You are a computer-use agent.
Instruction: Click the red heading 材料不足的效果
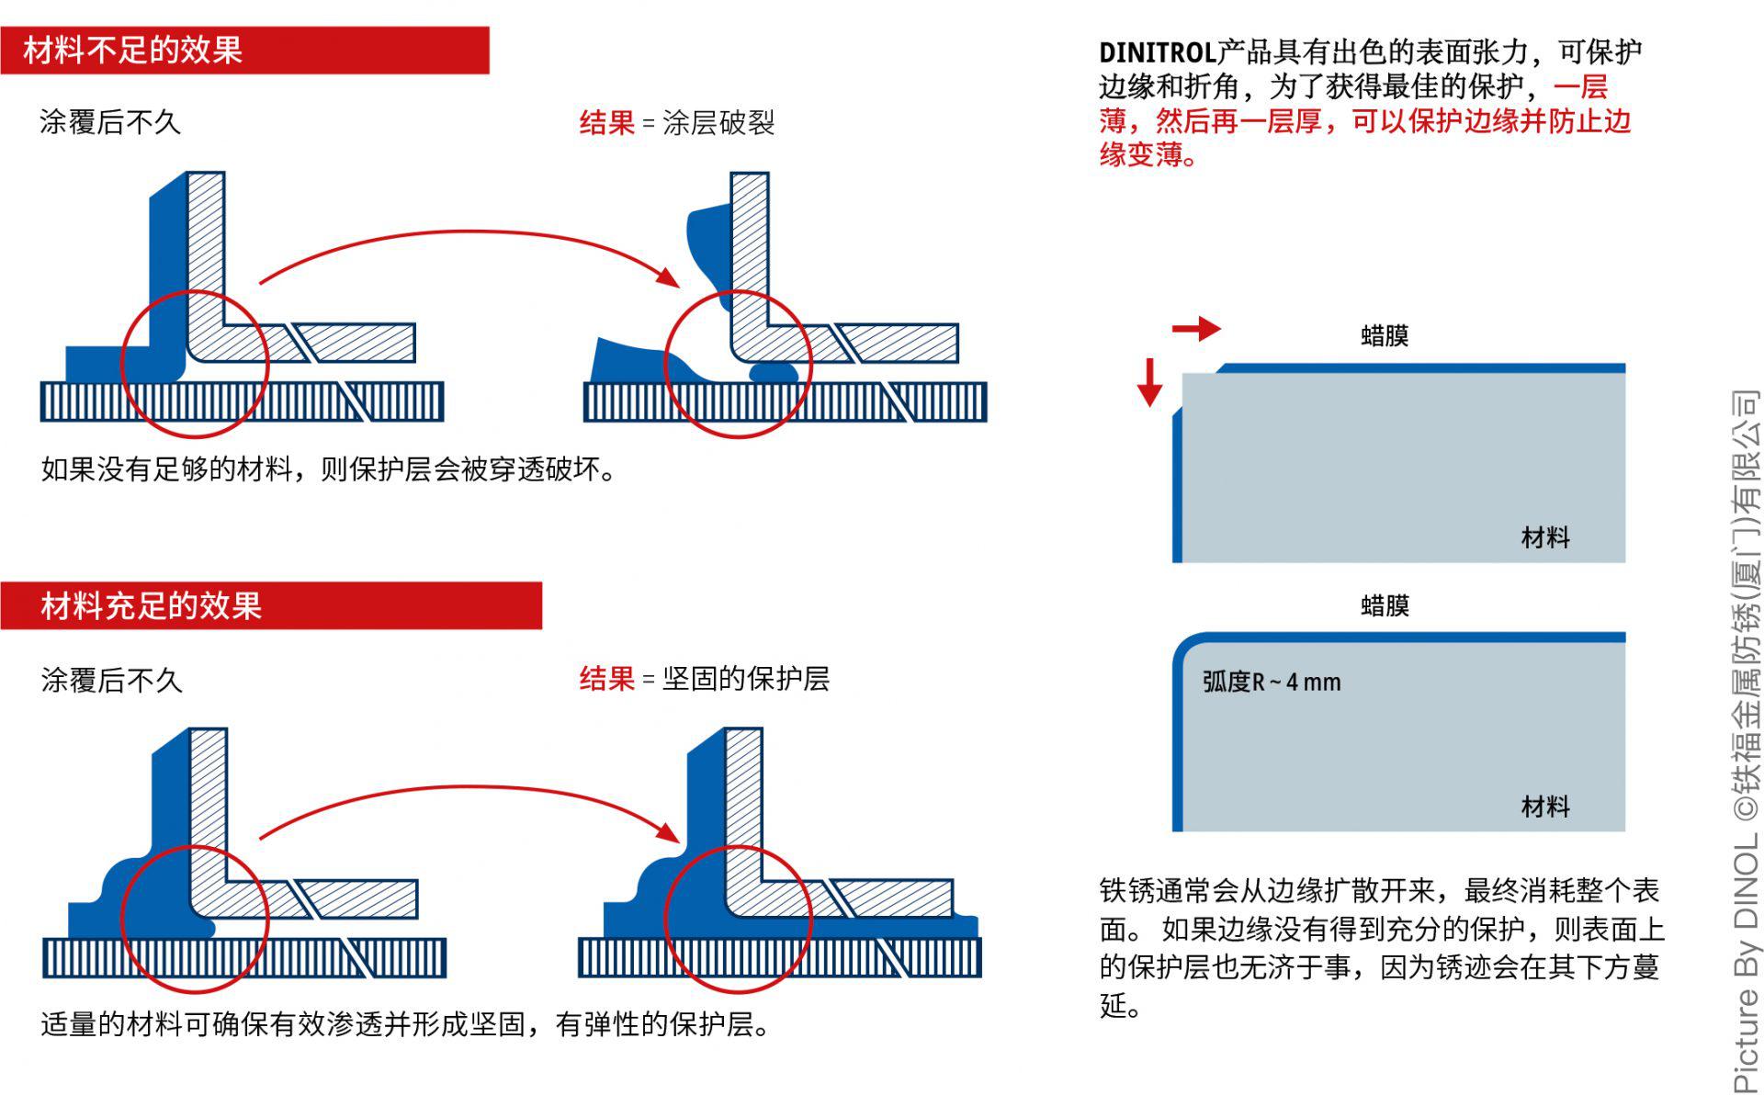tap(133, 50)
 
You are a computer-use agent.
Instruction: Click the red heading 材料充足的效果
tap(152, 606)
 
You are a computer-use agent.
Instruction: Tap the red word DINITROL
tap(1157, 52)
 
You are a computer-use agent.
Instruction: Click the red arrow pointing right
tap(1196, 328)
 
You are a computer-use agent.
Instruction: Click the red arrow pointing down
tap(1149, 382)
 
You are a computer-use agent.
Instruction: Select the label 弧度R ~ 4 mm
tap(1272, 682)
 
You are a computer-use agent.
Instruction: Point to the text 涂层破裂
tap(718, 122)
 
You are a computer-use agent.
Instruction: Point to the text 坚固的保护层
tap(746, 679)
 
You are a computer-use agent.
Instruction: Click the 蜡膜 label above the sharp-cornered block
tap(1385, 335)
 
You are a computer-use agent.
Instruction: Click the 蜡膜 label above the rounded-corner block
tap(1385, 605)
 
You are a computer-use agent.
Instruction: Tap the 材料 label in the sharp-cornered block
tap(1545, 537)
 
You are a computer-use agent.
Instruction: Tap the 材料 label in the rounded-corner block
tap(1545, 807)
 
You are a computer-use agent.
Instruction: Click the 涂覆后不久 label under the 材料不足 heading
tap(110, 122)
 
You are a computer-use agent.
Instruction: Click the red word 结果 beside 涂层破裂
tap(606, 122)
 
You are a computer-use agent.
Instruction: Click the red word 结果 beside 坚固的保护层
tap(606, 679)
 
